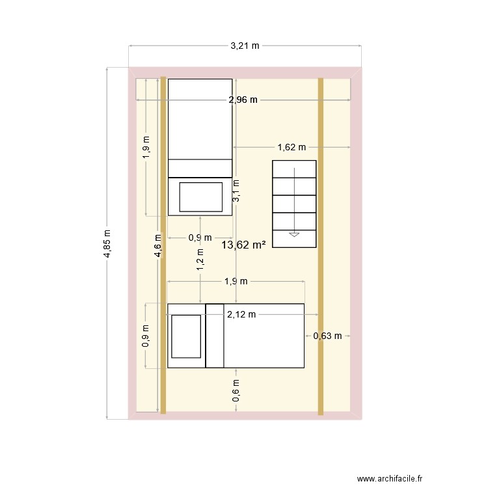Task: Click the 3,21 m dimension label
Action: (245, 46)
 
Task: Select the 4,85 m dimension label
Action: (107, 244)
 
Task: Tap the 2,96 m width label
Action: (243, 100)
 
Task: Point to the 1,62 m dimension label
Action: (291, 147)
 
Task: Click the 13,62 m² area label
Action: (243, 245)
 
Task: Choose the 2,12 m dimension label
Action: (241, 315)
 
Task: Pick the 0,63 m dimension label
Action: (327, 336)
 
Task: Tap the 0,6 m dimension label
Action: (236, 390)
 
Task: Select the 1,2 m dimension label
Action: (200, 260)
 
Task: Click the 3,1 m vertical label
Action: (236, 191)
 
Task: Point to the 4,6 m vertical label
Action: (158, 246)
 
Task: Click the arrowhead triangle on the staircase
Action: (294, 235)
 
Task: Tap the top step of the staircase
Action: (294, 169)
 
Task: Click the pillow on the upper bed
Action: (201, 197)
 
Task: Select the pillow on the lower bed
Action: (186, 336)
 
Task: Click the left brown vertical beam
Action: (163, 245)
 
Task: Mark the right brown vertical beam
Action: (321, 247)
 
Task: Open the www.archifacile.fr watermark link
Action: (390, 478)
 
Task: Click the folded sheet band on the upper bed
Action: (200, 169)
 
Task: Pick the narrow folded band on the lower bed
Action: (215, 336)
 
